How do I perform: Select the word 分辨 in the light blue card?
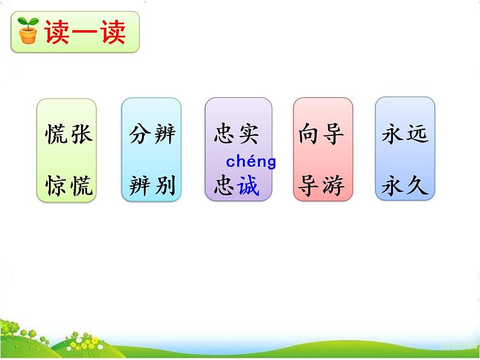152,134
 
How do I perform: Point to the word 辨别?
152,187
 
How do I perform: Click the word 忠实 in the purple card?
236,134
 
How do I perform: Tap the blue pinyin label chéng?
251,162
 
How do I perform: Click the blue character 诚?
248,187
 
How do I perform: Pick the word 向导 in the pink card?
321,134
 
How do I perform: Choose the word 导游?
321,187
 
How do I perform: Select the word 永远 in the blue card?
404,134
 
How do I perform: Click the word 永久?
404,187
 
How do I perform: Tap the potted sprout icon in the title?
28,31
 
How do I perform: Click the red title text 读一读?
84,31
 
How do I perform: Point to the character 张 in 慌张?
82,134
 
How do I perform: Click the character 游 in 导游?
333,187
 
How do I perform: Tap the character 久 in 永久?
417,187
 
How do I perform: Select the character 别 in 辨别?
164,187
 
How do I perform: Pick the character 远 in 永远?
417,134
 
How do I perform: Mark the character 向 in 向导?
309,134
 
